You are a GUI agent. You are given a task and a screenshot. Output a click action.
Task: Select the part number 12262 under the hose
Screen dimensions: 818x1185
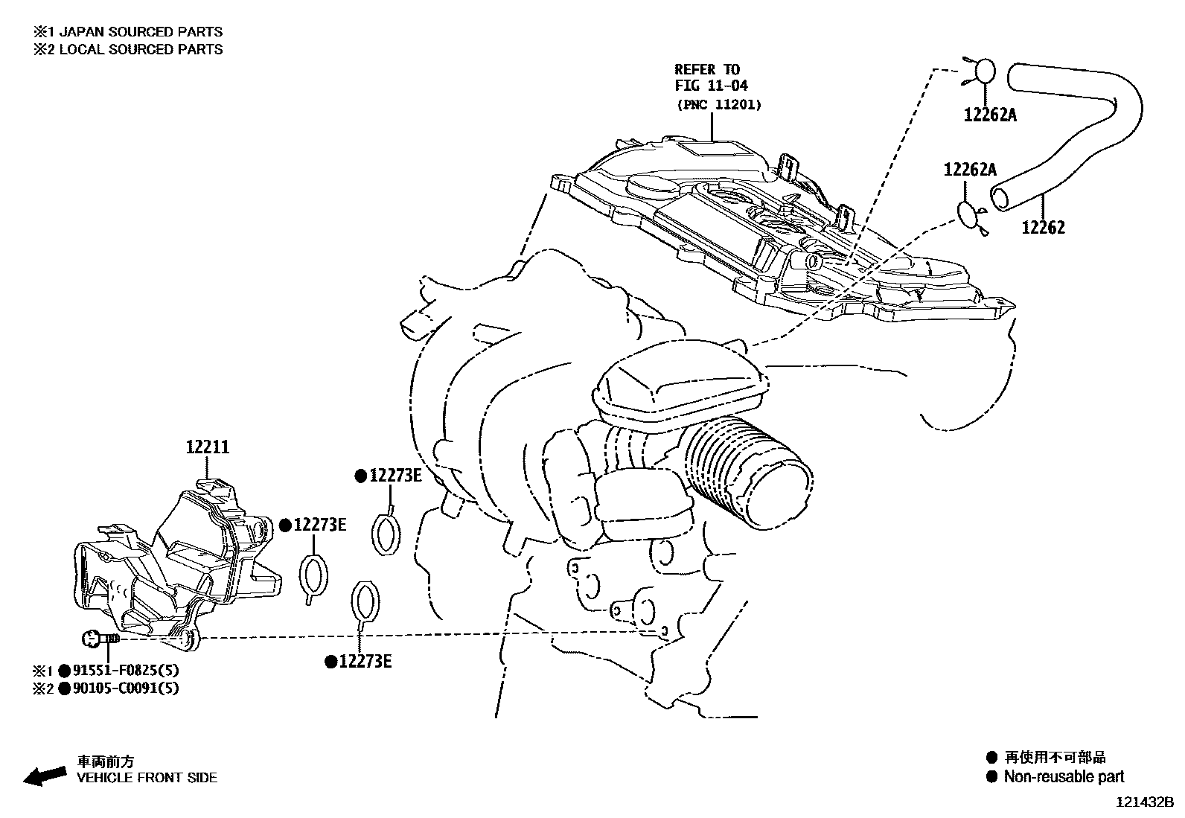[x=1043, y=228]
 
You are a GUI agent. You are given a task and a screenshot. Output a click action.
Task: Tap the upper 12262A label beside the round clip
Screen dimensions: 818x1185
[x=990, y=115]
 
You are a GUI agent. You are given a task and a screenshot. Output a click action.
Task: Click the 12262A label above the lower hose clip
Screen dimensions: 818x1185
[x=970, y=170]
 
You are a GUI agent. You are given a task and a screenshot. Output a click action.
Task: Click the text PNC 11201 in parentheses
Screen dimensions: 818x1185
[x=718, y=105]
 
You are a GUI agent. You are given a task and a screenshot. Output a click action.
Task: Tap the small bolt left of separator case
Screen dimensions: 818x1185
[x=98, y=638]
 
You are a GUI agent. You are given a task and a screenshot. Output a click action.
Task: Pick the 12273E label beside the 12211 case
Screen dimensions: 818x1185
[x=319, y=525]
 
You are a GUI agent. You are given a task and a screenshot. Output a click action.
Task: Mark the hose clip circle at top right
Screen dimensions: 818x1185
[x=984, y=72]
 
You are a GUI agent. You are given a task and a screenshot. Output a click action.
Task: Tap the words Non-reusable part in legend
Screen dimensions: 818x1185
[x=1064, y=777]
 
